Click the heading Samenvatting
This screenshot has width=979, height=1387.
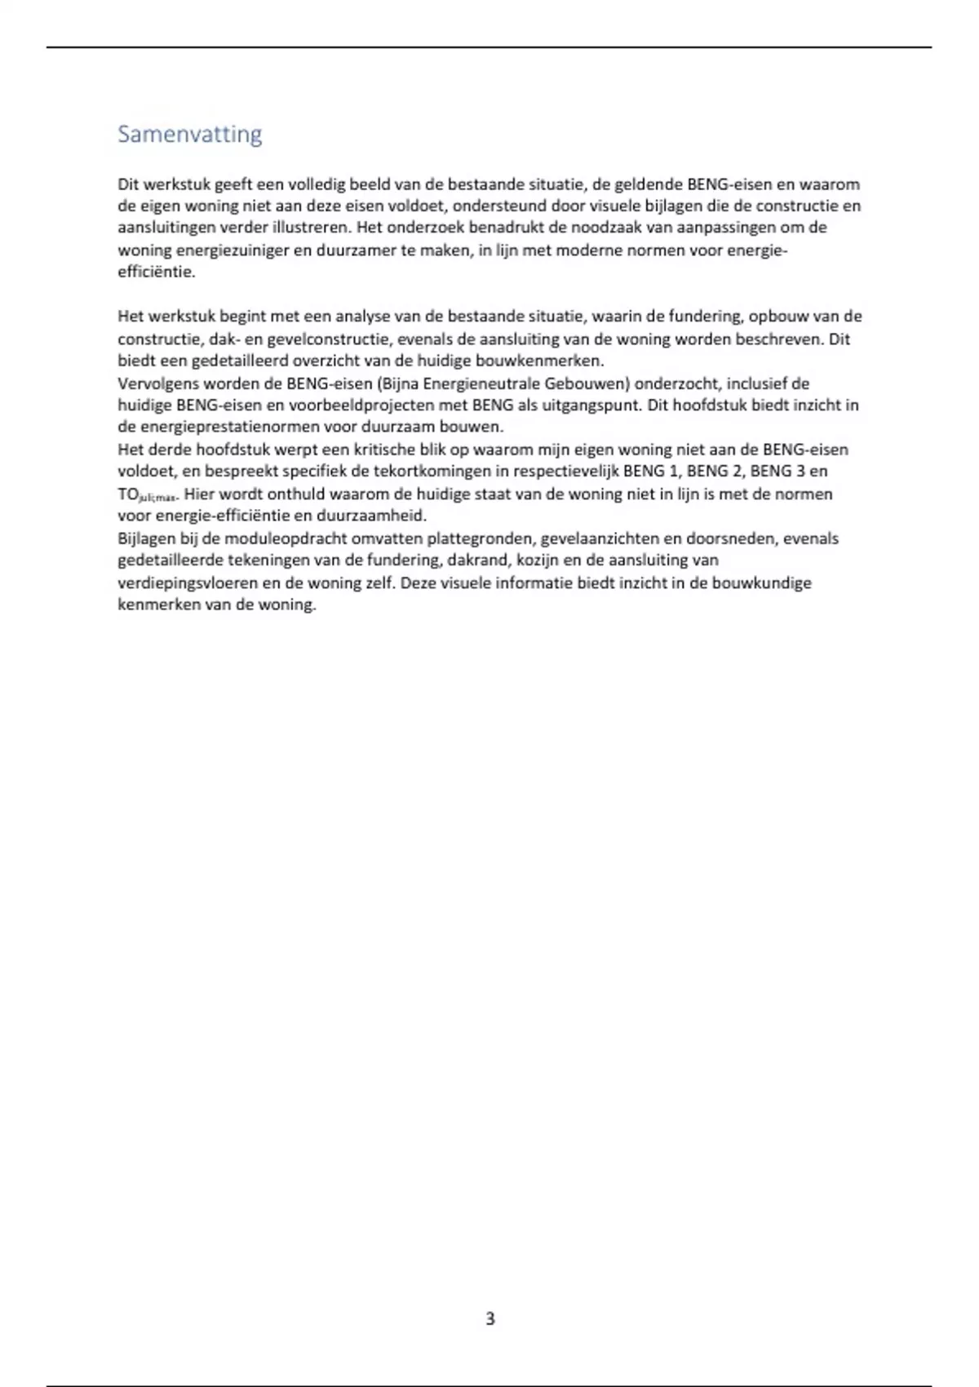click(x=189, y=134)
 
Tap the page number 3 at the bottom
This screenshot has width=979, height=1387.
click(x=489, y=1318)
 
